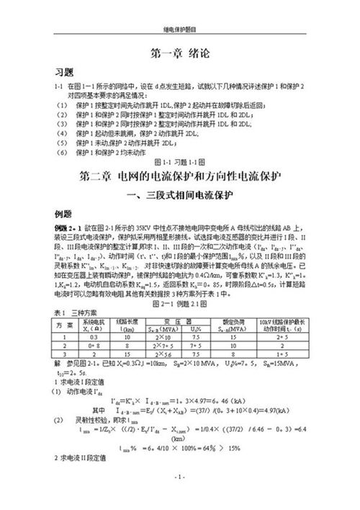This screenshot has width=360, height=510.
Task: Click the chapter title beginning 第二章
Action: click(180, 156)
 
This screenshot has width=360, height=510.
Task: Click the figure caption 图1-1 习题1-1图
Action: click(180, 143)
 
